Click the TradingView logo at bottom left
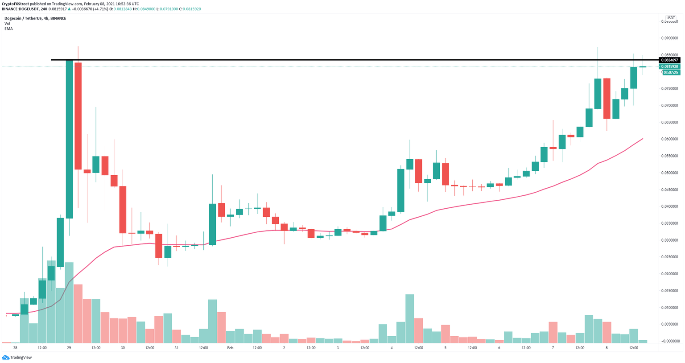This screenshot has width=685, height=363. coord(18,357)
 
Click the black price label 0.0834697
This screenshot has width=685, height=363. coord(670,60)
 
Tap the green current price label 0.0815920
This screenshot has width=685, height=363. coord(670,66)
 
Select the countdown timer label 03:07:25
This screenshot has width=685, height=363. coord(671,72)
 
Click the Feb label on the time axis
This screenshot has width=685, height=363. coord(230,347)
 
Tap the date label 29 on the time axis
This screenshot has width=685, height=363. coord(69,347)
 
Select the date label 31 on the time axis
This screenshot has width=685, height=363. coord(177,347)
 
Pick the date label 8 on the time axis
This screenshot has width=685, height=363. coord(607,347)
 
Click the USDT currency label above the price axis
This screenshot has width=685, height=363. coord(670,18)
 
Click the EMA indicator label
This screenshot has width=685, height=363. coord(8,29)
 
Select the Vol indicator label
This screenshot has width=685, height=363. coord(7,24)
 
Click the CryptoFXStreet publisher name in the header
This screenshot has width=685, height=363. coord(15,4)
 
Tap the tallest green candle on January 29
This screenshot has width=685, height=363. coord(69,139)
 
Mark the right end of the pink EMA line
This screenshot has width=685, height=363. coord(643,139)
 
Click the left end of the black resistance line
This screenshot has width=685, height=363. coord(52,60)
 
